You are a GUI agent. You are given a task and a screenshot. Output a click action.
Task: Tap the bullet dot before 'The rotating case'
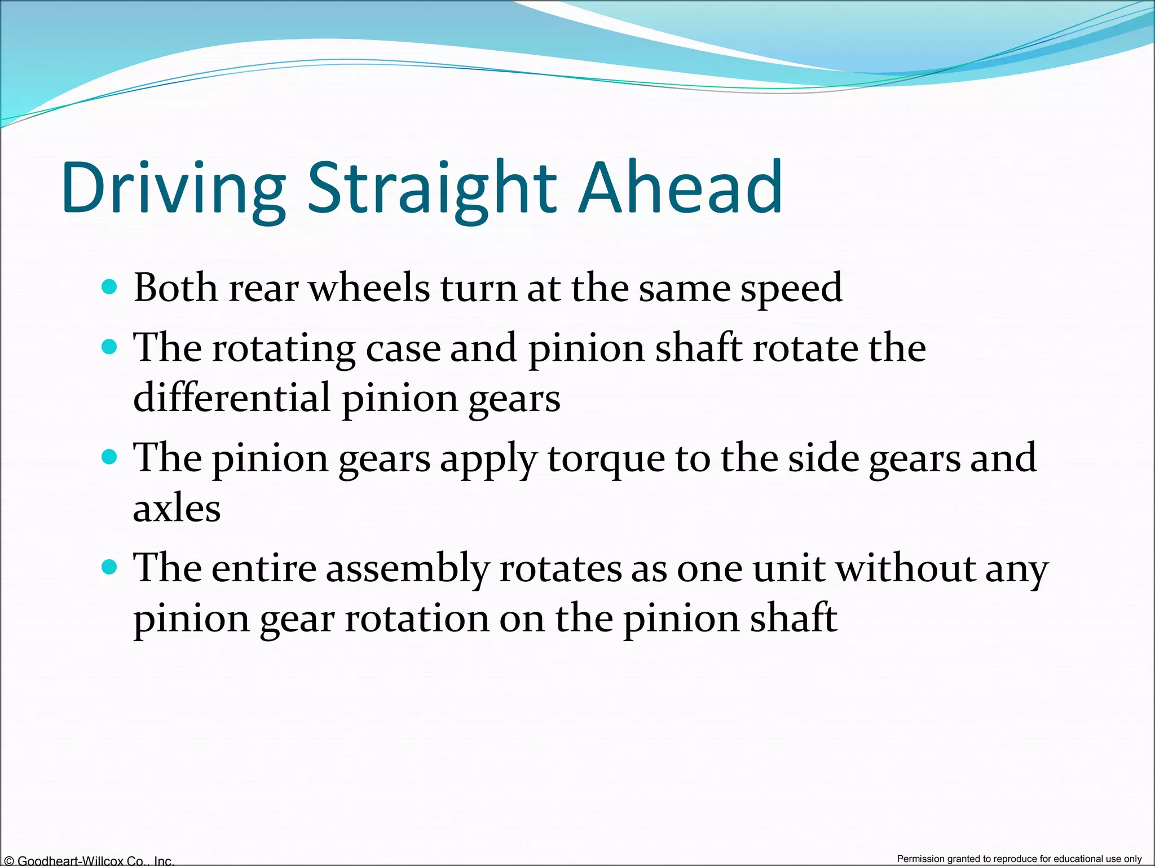click(109, 346)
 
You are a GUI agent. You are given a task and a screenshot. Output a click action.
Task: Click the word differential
click(232, 397)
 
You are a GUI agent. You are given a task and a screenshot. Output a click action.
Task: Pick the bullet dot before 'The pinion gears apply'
click(109, 456)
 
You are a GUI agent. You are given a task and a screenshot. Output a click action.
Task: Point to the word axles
click(177, 509)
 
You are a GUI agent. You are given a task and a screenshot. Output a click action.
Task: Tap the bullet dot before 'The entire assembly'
click(109, 567)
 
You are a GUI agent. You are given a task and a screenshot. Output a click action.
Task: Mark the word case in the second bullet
click(403, 348)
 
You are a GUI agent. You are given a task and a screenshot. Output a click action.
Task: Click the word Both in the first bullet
click(175, 288)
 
